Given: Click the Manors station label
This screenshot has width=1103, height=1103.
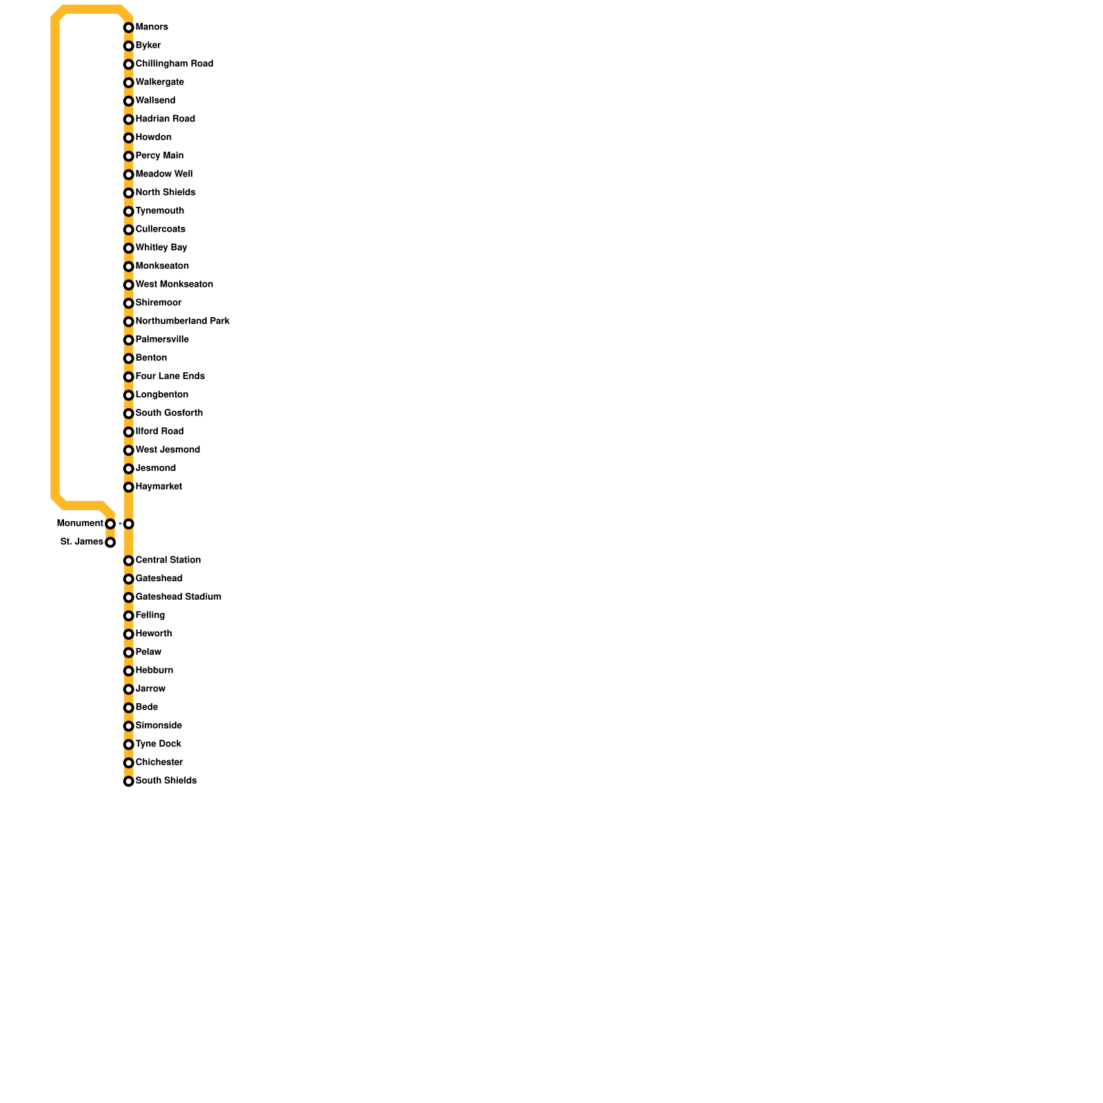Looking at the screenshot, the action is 152,27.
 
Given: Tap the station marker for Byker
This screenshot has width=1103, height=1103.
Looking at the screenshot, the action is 128,46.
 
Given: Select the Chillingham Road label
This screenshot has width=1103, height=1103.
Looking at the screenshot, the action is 174,63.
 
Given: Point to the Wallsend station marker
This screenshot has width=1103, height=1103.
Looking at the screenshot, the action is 128,101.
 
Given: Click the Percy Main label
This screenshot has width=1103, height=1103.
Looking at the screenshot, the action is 159,156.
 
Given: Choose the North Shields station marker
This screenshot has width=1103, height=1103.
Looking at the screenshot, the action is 128,193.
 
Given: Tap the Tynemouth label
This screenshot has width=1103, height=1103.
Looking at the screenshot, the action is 159,211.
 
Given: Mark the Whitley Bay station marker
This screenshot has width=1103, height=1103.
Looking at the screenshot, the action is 128,248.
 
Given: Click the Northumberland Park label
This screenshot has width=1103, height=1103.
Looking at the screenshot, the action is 182,321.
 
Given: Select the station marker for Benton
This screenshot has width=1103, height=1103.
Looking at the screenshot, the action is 128,358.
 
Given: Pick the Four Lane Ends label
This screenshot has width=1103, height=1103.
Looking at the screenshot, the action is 170,376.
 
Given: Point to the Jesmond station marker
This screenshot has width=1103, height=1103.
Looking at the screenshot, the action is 128,469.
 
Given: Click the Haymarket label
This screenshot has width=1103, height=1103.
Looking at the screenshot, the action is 159,487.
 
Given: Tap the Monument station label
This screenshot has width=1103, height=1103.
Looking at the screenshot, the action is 80,523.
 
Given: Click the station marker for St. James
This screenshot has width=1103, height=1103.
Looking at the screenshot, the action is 110,543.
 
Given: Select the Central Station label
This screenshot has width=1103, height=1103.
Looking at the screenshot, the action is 168,560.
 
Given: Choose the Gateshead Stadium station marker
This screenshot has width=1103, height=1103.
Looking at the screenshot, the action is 128,598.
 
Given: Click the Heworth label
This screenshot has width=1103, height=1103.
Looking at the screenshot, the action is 154,634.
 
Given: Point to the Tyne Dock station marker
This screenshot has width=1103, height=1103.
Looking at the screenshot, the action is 128,745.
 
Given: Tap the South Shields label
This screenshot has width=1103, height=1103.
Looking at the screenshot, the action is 165,780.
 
